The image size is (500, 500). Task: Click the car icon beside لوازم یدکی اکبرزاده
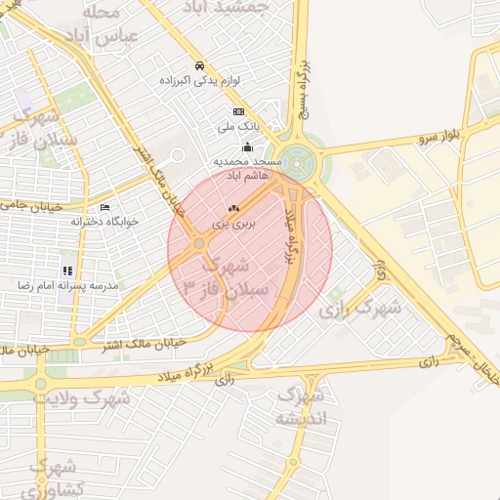pos(199,65)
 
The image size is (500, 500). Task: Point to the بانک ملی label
pos(238,127)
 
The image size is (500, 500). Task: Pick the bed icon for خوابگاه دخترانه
pos(105,207)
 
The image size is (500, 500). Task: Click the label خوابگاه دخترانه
pos(105,222)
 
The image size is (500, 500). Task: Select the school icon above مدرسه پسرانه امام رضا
pos(66,271)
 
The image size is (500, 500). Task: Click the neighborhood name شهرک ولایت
pos(83,398)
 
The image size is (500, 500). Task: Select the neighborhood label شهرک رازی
pos(360,309)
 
